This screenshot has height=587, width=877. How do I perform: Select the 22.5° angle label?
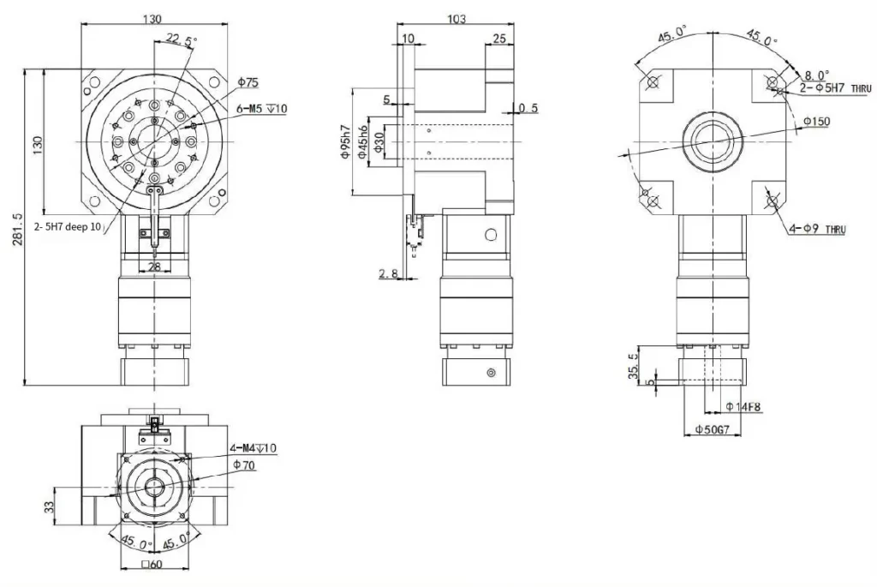click(180, 39)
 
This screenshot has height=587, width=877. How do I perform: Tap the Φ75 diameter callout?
click(248, 82)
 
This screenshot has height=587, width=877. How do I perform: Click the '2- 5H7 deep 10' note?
click(67, 228)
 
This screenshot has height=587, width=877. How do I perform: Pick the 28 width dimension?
click(154, 268)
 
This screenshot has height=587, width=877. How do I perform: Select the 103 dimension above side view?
click(456, 19)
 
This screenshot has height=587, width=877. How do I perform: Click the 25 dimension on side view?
click(498, 39)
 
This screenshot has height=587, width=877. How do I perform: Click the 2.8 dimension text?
click(387, 273)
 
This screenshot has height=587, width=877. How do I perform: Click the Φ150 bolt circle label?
click(816, 123)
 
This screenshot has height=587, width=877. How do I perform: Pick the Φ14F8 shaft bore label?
click(743, 406)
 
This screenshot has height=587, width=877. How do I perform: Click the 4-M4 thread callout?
click(253, 448)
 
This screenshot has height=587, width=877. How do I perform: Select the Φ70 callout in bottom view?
click(244, 464)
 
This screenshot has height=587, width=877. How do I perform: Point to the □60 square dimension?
click(152, 564)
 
